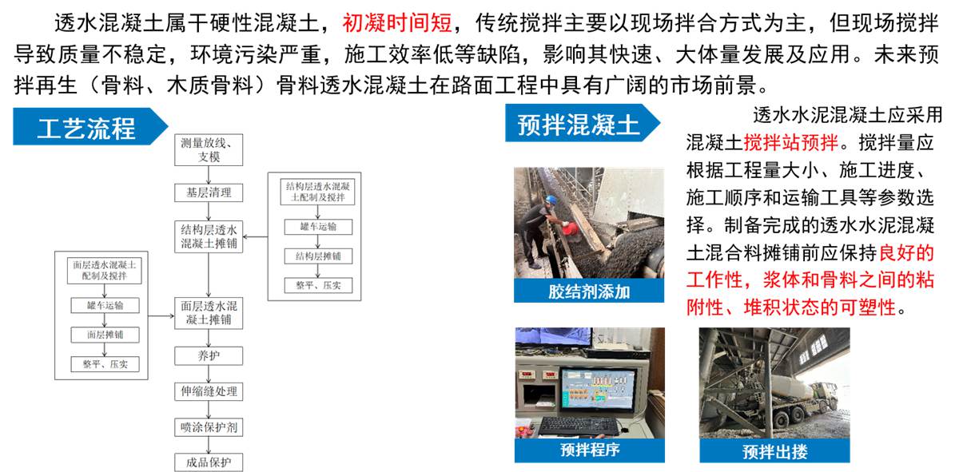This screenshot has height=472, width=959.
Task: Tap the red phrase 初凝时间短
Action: [x=391, y=22]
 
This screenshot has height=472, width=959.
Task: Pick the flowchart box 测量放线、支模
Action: [x=209, y=150]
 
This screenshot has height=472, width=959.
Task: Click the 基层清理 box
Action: [x=209, y=192]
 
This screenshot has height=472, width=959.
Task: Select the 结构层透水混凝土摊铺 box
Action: [x=209, y=236]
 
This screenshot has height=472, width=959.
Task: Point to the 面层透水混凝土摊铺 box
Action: [x=209, y=312]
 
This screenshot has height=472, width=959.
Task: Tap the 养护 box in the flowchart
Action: [x=209, y=356]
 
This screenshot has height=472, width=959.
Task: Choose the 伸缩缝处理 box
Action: [x=209, y=391]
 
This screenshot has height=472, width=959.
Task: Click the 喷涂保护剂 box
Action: [x=209, y=427]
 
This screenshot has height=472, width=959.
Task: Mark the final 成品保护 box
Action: [x=209, y=462]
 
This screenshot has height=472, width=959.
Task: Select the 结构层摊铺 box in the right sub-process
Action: [x=317, y=256]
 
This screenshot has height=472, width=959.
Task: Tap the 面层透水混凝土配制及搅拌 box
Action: [x=105, y=271]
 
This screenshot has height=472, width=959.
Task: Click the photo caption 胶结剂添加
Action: [x=588, y=292]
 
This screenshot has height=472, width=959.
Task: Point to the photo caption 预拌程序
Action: [x=589, y=450]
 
